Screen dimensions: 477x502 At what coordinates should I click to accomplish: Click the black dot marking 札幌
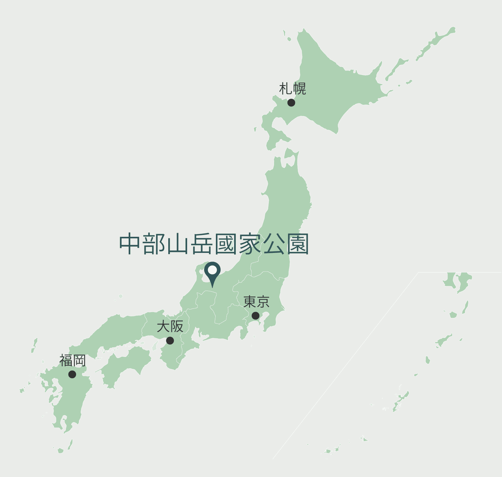(291, 102)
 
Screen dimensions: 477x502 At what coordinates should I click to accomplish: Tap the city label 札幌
(292, 89)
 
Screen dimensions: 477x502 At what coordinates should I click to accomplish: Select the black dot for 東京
(255, 316)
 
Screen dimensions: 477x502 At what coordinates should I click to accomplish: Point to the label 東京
(256, 302)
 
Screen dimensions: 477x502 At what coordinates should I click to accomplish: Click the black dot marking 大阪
(170, 340)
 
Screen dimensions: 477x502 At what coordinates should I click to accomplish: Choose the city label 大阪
(170, 326)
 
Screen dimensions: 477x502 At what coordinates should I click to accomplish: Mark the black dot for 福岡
(72, 374)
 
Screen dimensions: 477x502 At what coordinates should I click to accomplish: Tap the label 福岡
(72, 361)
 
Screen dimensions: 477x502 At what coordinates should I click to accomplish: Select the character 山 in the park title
(178, 244)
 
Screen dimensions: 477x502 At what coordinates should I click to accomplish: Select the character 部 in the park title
(154, 244)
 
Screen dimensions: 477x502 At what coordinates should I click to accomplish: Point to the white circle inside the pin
(212, 270)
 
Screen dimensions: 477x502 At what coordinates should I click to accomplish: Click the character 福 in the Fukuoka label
(66, 361)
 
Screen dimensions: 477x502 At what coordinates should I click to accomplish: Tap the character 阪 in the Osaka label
(177, 326)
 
